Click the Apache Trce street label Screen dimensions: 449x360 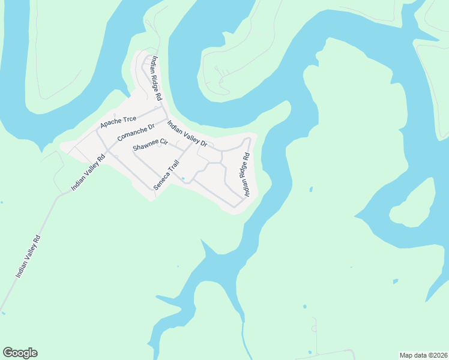pos(118,121)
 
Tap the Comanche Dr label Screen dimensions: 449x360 pos(136,132)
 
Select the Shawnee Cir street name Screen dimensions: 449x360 pos(149,145)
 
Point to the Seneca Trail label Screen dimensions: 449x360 pos(166,175)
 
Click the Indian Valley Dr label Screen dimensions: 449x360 pos(187,134)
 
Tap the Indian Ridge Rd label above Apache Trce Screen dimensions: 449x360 pos(157,78)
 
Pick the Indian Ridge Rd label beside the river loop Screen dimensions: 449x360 pos(246,175)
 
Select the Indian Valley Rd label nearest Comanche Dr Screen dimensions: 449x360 pos(88,172)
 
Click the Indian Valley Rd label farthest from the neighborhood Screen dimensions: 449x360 pos(28,256)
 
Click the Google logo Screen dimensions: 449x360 pos(20,353)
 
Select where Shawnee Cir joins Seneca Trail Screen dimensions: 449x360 pos(179,157)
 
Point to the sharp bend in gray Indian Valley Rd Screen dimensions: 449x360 pos(58,196)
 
